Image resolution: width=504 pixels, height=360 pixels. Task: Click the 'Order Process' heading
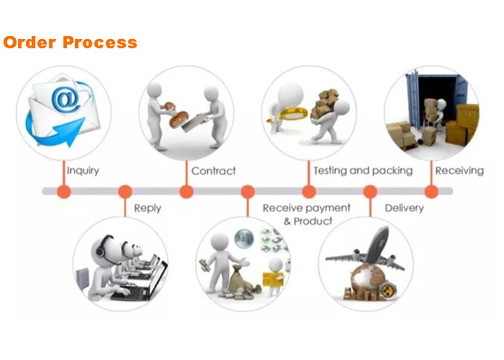70,42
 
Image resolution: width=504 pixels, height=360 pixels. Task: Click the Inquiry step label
83,171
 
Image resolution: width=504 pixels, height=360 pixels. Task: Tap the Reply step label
147,208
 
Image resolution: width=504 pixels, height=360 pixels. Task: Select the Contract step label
213,171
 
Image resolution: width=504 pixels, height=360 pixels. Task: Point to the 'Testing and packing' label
362,171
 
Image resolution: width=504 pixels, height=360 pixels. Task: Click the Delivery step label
404,208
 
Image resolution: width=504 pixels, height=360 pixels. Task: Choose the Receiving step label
459,171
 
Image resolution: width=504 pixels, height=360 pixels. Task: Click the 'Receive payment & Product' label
307,214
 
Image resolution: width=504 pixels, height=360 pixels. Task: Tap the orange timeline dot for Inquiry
63,192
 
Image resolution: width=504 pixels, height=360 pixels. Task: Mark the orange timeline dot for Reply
125,192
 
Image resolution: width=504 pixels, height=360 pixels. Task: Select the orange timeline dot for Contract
186,192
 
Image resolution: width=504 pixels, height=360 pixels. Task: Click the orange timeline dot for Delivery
370,192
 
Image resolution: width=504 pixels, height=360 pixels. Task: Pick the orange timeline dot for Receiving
431,192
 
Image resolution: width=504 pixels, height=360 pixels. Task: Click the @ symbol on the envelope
65,99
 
